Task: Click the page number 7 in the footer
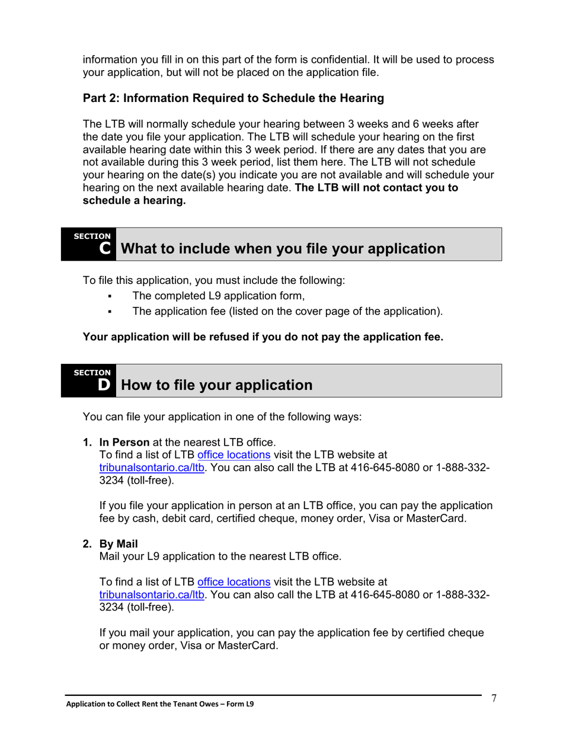(494, 698)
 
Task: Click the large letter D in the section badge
(104, 385)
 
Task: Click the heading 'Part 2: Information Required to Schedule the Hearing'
(233, 98)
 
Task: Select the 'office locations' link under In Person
(233, 455)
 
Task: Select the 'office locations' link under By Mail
(233, 582)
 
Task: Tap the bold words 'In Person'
(124, 442)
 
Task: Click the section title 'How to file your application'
(216, 385)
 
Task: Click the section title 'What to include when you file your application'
(283, 249)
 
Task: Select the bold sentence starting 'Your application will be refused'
(263, 337)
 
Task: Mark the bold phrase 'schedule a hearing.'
(134, 200)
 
